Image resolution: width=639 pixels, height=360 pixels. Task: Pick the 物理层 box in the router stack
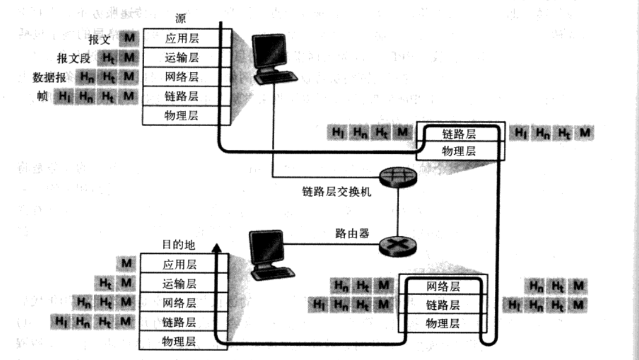[442, 324]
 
